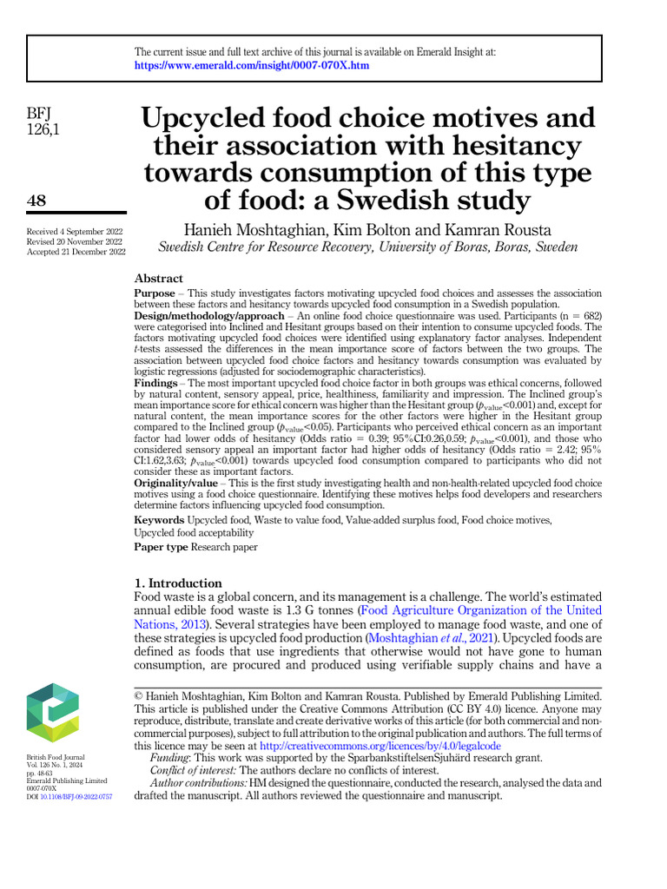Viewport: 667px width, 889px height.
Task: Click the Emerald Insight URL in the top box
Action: click(x=252, y=65)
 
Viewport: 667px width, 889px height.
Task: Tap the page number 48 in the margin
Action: click(x=37, y=201)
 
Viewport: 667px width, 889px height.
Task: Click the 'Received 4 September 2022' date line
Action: click(x=75, y=232)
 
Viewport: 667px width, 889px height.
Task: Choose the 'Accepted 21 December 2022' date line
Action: click(x=76, y=252)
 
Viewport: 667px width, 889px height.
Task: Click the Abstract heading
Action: click(x=158, y=279)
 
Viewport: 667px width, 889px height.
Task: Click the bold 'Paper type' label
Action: click(x=161, y=547)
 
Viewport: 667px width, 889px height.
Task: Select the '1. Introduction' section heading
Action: click(x=178, y=583)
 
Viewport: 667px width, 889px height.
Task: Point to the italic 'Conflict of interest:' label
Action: click(x=194, y=770)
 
